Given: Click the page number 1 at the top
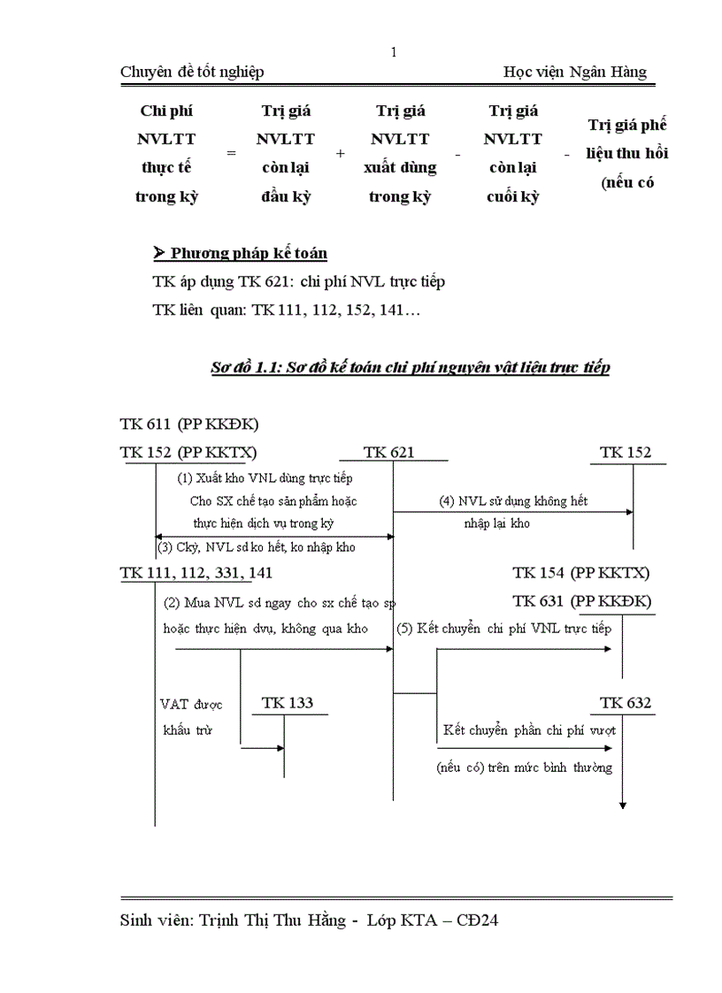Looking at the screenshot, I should (394, 52).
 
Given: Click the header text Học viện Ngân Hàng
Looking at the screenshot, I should (574, 73).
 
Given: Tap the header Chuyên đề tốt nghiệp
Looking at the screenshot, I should (192, 73).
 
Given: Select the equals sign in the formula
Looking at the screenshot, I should (232, 153).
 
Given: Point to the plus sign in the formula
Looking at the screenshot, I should (341, 153).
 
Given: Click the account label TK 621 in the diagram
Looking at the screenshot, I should (388, 453).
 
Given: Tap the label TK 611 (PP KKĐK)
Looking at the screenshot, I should (189, 424).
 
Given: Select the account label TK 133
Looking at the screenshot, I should (288, 704).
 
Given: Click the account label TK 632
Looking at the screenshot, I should (626, 704).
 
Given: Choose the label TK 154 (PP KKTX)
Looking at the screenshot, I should (581, 573).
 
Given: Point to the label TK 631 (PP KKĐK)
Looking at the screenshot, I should (581, 601).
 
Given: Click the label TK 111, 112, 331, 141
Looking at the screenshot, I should (196, 573).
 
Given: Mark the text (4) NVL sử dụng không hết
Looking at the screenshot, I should (513, 501).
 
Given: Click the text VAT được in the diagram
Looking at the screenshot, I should (191, 705).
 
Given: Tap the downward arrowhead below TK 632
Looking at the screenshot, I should (623, 804).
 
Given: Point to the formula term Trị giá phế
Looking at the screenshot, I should (627, 125).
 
